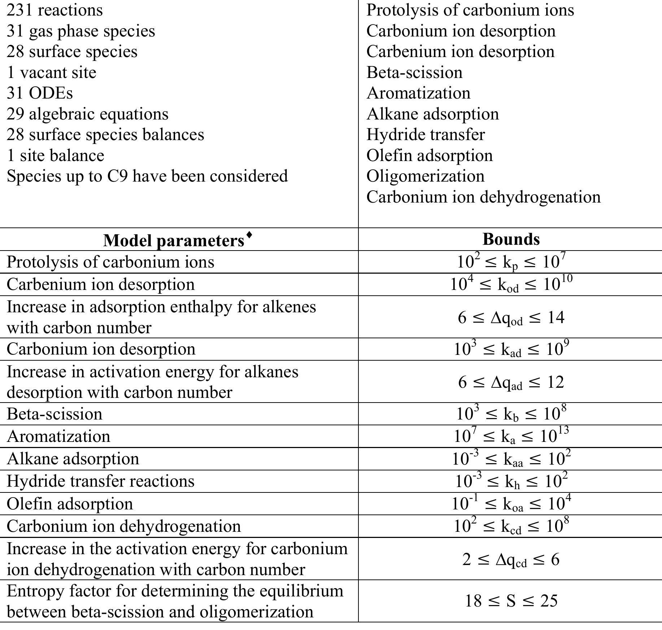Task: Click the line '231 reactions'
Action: [55, 10]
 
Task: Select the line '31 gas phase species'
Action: [81, 31]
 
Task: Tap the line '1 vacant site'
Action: [51, 73]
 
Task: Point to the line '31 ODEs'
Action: [40, 93]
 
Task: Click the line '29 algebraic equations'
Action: [87, 114]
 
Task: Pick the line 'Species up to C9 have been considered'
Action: [147, 176]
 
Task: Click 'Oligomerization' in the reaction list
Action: [425, 176]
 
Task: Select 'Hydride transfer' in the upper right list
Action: [426, 135]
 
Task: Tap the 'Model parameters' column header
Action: [174, 240]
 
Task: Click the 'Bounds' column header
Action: [511, 239]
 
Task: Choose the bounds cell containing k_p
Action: [511, 262]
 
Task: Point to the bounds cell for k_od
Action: [511, 284]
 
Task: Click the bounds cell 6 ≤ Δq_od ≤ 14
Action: [511, 317]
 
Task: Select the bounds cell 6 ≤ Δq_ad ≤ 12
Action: [511, 382]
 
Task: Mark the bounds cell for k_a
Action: [511, 436]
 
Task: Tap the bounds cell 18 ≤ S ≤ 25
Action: [511, 601]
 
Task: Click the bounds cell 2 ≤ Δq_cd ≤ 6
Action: [511, 559]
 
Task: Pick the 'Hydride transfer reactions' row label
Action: [100, 481]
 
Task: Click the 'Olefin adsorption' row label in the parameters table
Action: [70, 504]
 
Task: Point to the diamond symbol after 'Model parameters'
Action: [249, 235]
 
